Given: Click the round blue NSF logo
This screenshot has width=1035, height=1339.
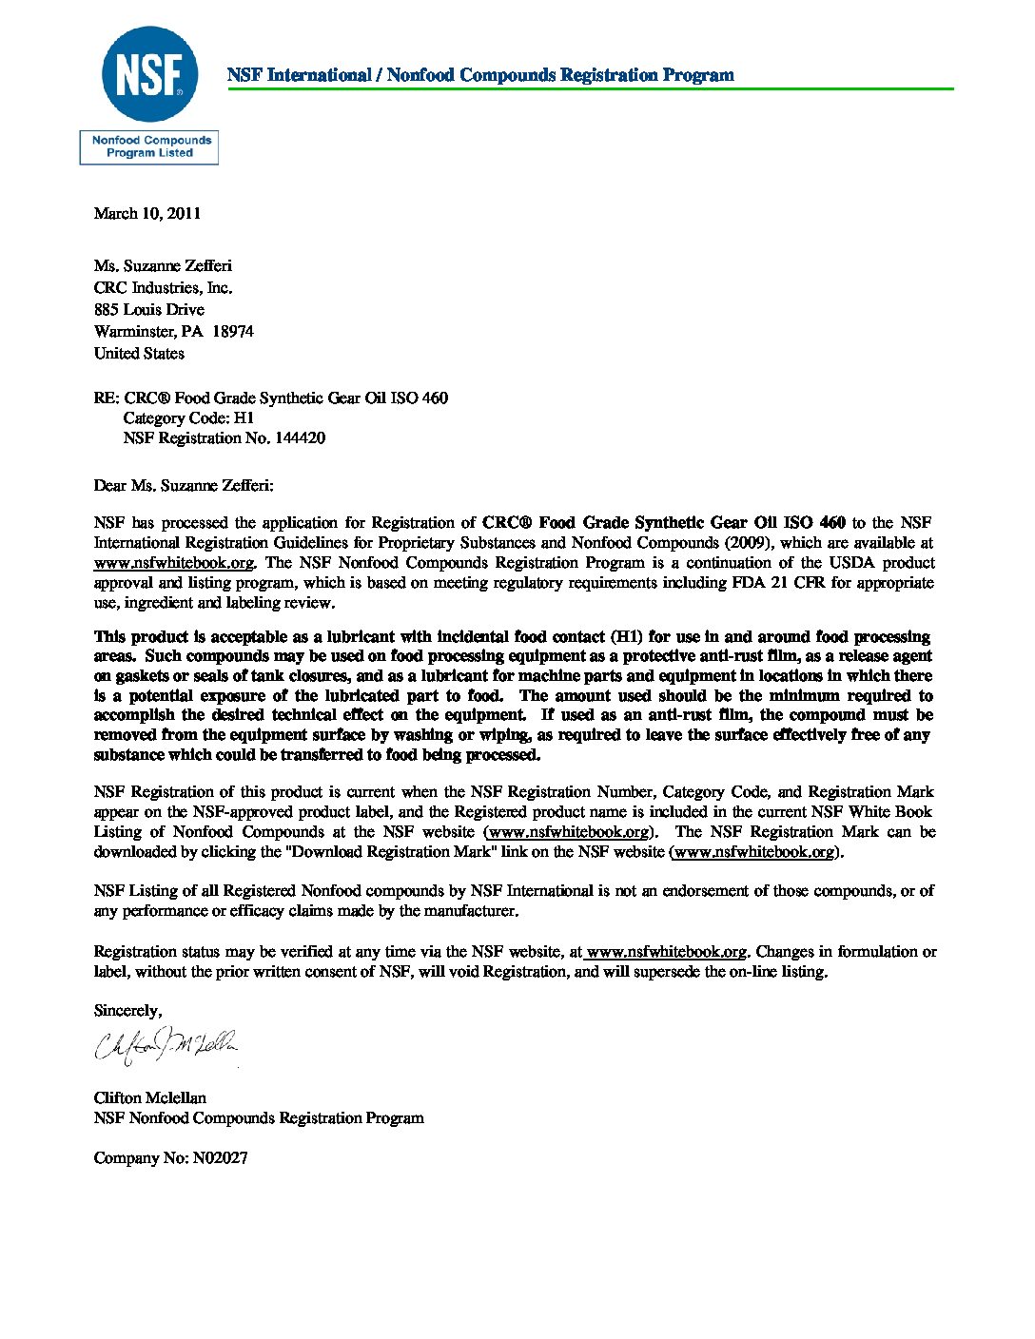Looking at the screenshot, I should click(149, 74).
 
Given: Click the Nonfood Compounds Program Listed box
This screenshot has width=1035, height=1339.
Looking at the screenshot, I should click(149, 147).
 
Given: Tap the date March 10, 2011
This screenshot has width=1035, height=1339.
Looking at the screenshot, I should click(147, 213).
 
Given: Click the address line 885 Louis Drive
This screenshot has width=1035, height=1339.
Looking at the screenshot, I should click(148, 310).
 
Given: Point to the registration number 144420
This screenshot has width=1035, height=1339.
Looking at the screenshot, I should click(300, 438).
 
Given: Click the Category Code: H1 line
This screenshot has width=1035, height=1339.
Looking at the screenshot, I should click(188, 418).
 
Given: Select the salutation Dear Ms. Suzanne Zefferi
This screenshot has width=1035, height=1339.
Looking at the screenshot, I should click(183, 486).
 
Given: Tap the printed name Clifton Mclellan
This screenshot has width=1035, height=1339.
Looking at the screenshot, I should click(149, 1098).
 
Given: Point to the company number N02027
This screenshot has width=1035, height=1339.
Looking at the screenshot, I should click(220, 1158).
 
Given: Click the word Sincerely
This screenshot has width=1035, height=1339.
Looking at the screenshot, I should click(127, 1011).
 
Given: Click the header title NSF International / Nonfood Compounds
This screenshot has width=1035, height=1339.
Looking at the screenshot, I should click(480, 75).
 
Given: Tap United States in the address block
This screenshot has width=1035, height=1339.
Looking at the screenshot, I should click(139, 354).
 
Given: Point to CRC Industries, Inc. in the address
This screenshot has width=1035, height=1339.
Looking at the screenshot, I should click(163, 288).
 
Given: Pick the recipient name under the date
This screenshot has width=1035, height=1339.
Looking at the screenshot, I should click(163, 266).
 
